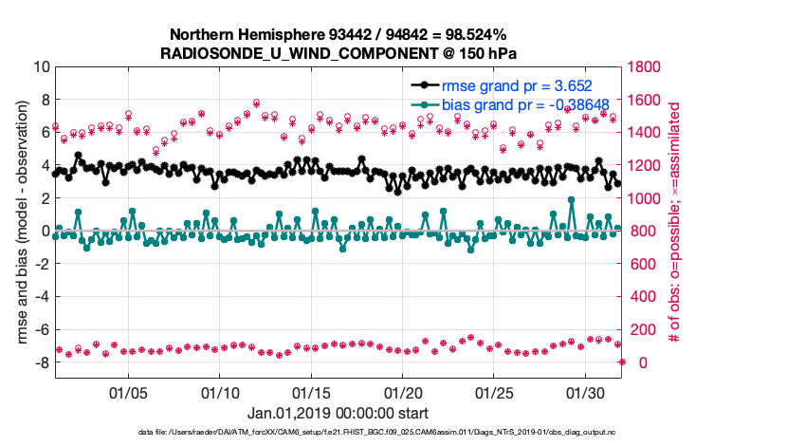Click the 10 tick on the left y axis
40,67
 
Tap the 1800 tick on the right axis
645,67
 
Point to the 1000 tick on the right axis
645,198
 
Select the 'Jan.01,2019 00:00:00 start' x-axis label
337,413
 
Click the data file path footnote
393,433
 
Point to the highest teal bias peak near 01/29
571,200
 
